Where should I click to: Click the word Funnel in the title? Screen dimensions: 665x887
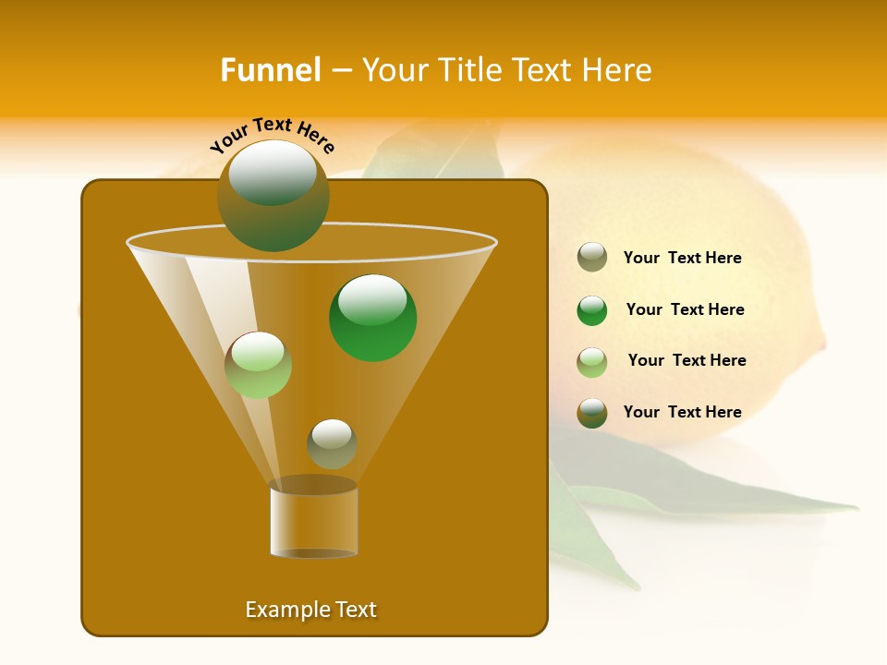(x=270, y=70)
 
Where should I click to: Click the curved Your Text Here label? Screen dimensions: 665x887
(x=273, y=135)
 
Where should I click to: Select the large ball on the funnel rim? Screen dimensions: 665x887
(x=273, y=196)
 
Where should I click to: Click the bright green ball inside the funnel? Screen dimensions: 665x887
(x=372, y=317)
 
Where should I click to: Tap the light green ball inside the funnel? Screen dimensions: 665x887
(x=258, y=365)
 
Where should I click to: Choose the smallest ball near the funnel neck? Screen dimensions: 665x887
(x=332, y=443)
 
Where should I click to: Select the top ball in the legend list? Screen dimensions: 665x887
(x=592, y=257)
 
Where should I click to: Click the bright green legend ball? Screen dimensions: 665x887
(x=592, y=310)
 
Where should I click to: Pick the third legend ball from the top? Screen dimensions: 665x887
(x=592, y=362)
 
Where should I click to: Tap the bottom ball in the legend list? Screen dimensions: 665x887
(x=592, y=413)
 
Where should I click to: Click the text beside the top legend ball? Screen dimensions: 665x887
(x=682, y=258)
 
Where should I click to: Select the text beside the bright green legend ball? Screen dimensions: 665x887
(x=685, y=309)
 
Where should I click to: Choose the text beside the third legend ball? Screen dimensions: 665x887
(x=687, y=360)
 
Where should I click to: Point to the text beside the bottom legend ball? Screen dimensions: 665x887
(x=682, y=412)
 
